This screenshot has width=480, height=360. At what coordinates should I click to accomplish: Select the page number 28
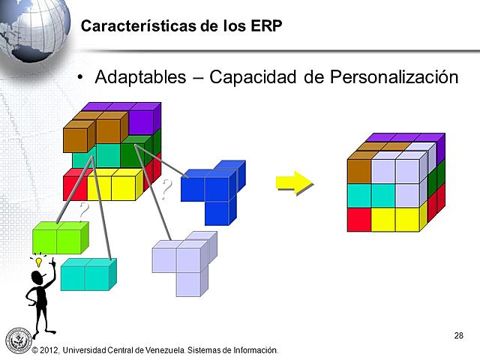458,334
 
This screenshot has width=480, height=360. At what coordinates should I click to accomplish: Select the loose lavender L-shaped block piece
184,262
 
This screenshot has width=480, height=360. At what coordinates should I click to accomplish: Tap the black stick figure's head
40,279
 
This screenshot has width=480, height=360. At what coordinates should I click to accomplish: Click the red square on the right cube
359,219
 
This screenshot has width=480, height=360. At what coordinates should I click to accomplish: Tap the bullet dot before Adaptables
83,78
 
